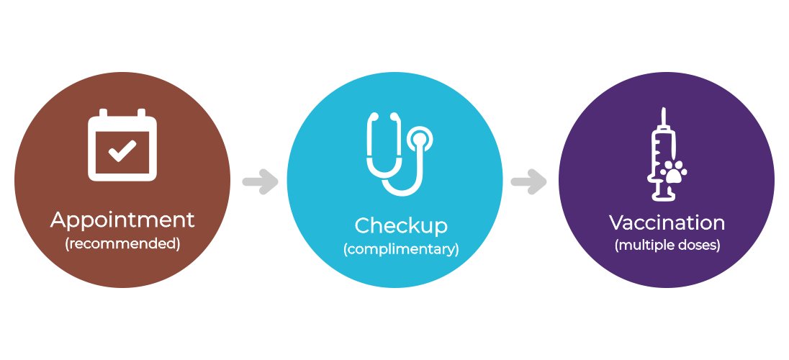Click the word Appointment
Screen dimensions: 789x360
pyautogui.click(x=122, y=221)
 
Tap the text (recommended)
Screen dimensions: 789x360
pyautogui.click(x=122, y=243)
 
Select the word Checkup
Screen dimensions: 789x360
pyautogui.click(x=401, y=227)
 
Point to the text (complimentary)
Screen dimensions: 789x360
pyautogui.click(x=401, y=249)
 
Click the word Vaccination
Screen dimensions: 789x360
pyautogui.click(x=667, y=222)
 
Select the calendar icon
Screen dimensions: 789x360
pyautogui.click(x=122, y=145)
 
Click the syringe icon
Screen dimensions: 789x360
pyautogui.click(x=666, y=154)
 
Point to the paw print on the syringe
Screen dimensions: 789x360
pyautogui.click(x=673, y=171)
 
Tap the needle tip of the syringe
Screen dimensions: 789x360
pyautogui.click(x=664, y=109)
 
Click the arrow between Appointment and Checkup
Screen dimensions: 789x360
pyautogui.click(x=260, y=181)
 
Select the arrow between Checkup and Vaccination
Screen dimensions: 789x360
pyautogui.click(x=529, y=181)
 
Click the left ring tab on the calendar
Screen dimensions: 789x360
pyautogui.click(x=103, y=113)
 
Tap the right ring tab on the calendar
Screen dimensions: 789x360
pyautogui.click(x=141, y=113)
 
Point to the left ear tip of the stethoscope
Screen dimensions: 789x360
pyautogui.click(x=373, y=117)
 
